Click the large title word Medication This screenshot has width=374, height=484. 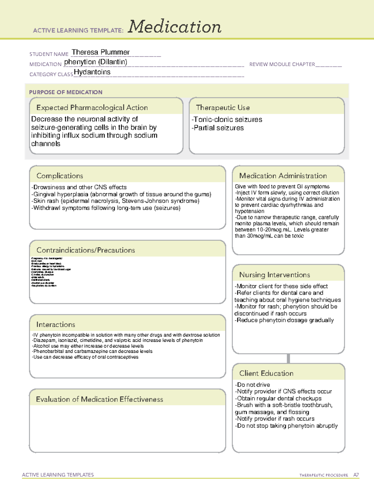pyautogui.click(x=175, y=27)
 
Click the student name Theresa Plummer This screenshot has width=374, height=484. pyautogui.click(x=100, y=52)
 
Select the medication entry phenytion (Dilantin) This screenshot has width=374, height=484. pyautogui.click(x=96, y=62)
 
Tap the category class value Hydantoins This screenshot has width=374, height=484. pyautogui.click(x=92, y=72)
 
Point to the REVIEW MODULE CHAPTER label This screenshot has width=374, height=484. pyautogui.click(x=282, y=64)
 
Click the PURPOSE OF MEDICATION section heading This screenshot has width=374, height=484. pyautogui.click(x=66, y=92)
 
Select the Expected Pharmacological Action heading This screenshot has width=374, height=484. pyautogui.click(x=92, y=108)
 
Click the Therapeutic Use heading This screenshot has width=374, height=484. pyautogui.click(x=223, y=108)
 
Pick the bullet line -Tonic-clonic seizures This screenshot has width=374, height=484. pyautogui.click(x=227, y=119)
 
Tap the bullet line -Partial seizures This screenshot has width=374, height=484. pyautogui.click(x=218, y=128)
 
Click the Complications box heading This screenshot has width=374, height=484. pyautogui.click(x=60, y=176)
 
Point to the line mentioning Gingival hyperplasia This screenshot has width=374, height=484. pyautogui.click(x=122, y=194)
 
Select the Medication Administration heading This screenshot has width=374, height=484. pyautogui.click(x=283, y=176)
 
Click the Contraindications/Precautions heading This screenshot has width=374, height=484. pyautogui.click(x=86, y=250)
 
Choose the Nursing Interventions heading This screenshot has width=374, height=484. pyautogui.click(x=275, y=275)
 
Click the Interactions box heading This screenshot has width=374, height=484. pyautogui.click(x=56, y=325)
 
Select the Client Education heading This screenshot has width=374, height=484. pyautogui.click(x=266, y=373)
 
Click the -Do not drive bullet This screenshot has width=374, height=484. pyautogui.click(x=252, y=385)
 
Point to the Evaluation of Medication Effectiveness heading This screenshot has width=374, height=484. pyautogui.click(x=99, y=399)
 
